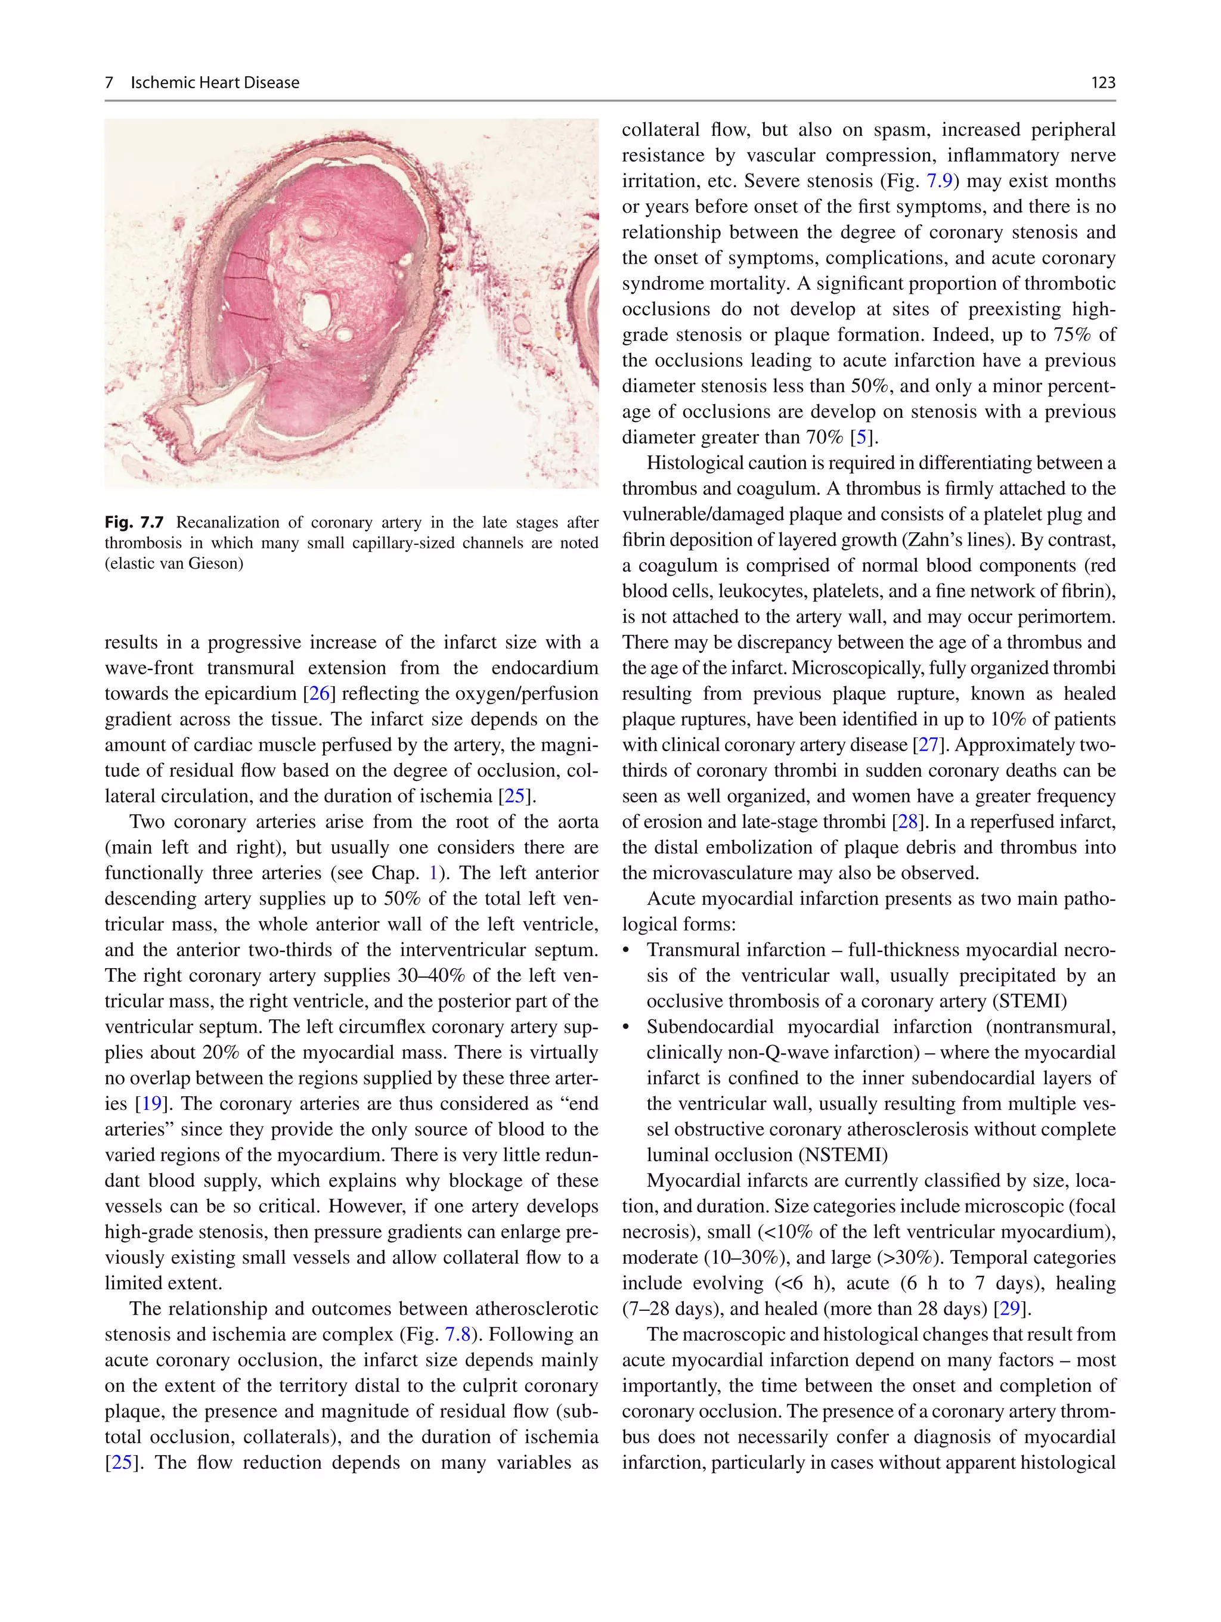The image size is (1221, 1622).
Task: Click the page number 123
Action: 1103,83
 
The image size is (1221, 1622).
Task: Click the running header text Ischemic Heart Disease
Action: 215,83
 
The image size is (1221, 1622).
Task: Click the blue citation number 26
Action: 319,694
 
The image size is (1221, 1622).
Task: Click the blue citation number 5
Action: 861,437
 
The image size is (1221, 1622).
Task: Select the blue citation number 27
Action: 928,745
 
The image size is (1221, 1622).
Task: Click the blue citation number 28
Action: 908,822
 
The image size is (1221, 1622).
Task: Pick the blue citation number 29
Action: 1010,1309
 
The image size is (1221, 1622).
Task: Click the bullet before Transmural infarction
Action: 626,950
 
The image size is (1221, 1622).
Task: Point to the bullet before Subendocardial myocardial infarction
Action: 626,1027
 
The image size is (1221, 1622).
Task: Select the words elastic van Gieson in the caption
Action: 174,563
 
